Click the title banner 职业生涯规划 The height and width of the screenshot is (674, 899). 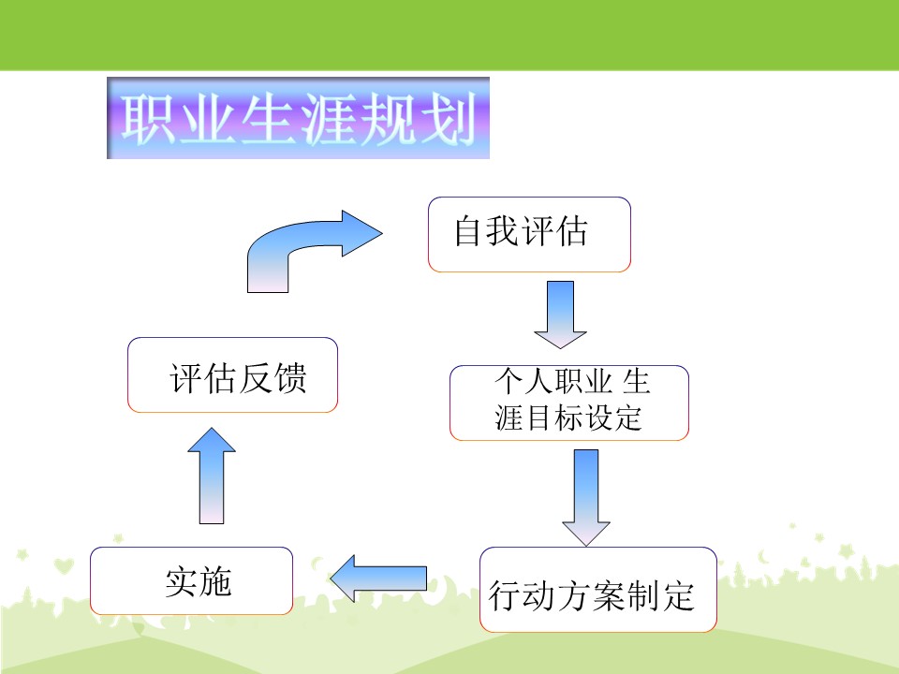(x=298, y=118)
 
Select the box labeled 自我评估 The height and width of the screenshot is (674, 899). (x=529, y=234)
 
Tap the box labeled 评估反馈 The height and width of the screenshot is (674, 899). (x=233, y=374)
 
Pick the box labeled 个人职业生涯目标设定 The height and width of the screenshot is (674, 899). (x=569, y=403)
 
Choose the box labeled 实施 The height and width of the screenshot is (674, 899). (x=191, y=580)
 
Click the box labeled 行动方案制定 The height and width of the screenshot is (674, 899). (x=598, y=590)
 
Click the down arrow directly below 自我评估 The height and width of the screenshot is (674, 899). (x=560, y=315)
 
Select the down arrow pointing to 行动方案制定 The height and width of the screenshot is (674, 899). (x=586, y=497)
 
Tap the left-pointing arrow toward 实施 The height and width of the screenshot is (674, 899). (x=378, y=579)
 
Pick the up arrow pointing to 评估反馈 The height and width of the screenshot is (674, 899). (x=212, y=476)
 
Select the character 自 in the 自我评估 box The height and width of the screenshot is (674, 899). (x=468, y=232)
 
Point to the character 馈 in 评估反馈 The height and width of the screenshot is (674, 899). (x=290, y=379)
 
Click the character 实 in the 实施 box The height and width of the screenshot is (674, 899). (x=181, y=582)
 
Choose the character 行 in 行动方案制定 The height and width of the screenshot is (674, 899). (x=505, y=596)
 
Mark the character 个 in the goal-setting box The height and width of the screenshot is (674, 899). (x=509, y=381)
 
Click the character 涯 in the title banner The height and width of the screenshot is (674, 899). (x=329, y=119)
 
